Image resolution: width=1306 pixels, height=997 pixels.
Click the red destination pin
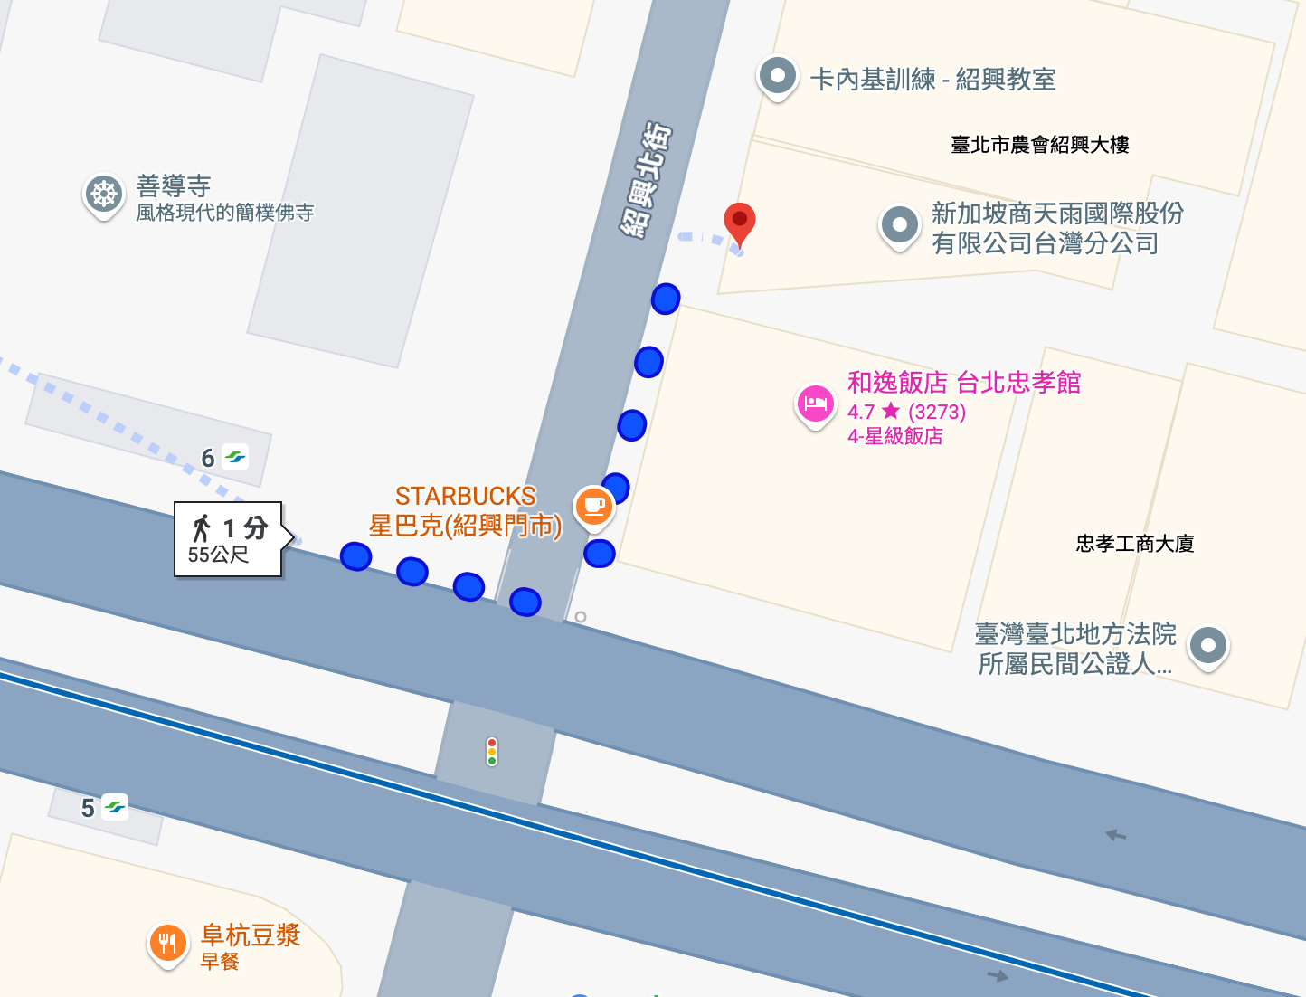[740, 220]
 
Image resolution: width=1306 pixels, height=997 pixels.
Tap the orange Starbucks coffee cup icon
[594, 505]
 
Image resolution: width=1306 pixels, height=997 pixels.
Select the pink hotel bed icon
[815, 404]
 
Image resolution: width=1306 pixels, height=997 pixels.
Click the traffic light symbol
[492, 752]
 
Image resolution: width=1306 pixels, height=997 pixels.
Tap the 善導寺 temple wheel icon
[104, 194]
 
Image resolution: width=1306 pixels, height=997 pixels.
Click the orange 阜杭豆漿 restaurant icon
[167, 944]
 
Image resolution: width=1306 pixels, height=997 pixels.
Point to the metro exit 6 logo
[236, 458]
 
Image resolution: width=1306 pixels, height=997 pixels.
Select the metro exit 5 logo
[115, 807]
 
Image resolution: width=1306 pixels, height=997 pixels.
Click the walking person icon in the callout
[202, 527]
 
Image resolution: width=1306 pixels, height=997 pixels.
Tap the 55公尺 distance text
[218, 555]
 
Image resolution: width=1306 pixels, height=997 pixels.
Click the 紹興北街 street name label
[646, 180]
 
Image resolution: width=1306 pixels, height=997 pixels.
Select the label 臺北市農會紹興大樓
[1039, 145]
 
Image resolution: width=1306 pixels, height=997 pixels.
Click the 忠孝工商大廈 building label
[1134, 544]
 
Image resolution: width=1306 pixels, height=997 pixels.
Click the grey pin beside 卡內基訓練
[777, 76]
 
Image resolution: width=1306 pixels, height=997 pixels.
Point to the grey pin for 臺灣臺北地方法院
[1208, 646]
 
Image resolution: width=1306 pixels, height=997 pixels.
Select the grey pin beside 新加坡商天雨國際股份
[899, 224]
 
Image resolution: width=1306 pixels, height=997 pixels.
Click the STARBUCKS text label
[465, 496]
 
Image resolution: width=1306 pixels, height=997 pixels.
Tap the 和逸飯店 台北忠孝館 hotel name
[963, 383]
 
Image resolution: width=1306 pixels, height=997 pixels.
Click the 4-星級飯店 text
[894, 436]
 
